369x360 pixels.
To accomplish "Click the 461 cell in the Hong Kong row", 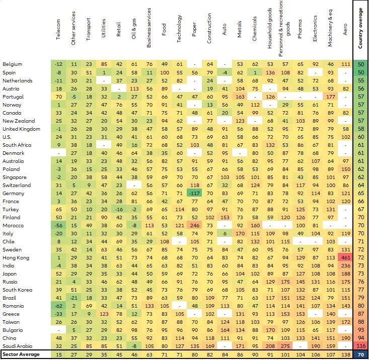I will [345, 258].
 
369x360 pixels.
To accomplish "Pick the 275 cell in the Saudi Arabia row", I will [285, 346].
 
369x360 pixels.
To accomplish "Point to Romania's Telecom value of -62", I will [58, 306].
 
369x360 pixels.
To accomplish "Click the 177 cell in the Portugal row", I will [330, 97].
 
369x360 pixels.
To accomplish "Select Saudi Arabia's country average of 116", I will [361, 346].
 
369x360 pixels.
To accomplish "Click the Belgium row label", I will [13, 64].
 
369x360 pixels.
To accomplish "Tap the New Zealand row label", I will [19, 121].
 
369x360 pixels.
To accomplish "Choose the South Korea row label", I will [18, 290].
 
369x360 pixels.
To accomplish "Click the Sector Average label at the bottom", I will [20, 355].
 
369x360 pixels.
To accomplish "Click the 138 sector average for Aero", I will [345, 355].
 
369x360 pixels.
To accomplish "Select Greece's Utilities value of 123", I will [104, 314].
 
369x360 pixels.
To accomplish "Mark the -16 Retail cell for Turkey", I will [119, 210].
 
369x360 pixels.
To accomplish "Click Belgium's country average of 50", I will [361, 64].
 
